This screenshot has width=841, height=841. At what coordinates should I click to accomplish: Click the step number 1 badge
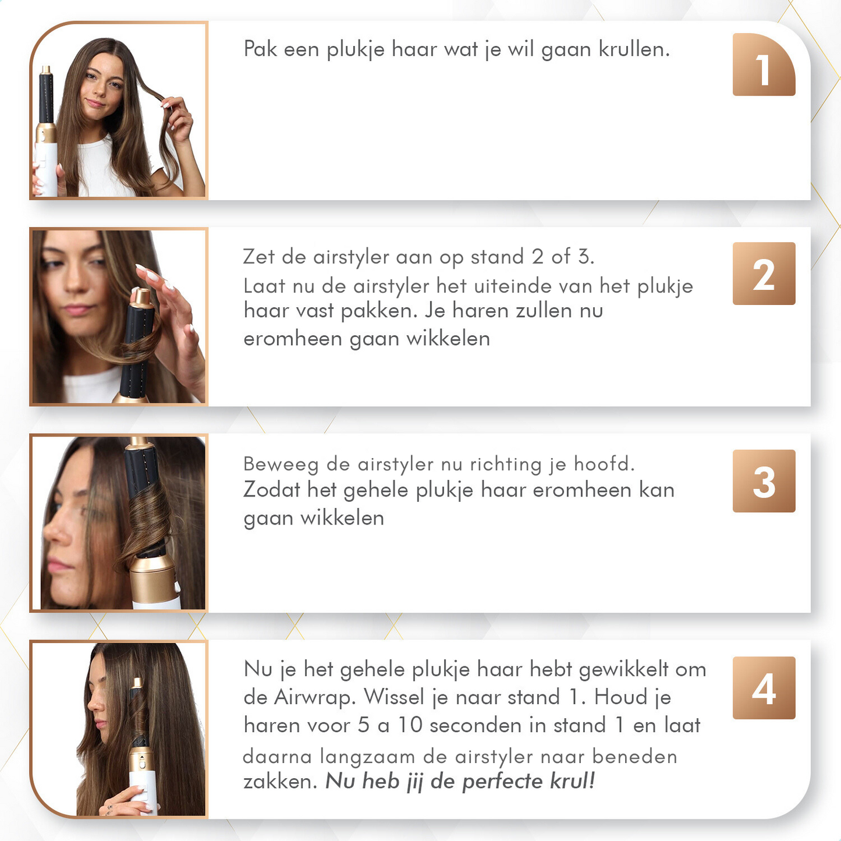[x=764, y=65]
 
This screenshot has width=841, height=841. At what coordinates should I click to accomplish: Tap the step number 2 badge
[x=764, y=274]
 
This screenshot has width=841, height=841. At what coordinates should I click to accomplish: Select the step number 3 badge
[x=764, y=481]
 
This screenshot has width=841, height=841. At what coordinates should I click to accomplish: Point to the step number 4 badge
[x=764, y=688]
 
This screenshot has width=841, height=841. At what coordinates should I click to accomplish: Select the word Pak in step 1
[x=260, y=49]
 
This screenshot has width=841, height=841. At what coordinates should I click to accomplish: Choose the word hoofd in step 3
[x=604, y=464]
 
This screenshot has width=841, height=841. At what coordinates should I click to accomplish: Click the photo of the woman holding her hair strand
[x=119, y=111]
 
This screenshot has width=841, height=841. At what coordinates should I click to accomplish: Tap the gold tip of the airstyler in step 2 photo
[x=141, y=296]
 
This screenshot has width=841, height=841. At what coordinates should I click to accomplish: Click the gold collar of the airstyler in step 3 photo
[x=153, y=575]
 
